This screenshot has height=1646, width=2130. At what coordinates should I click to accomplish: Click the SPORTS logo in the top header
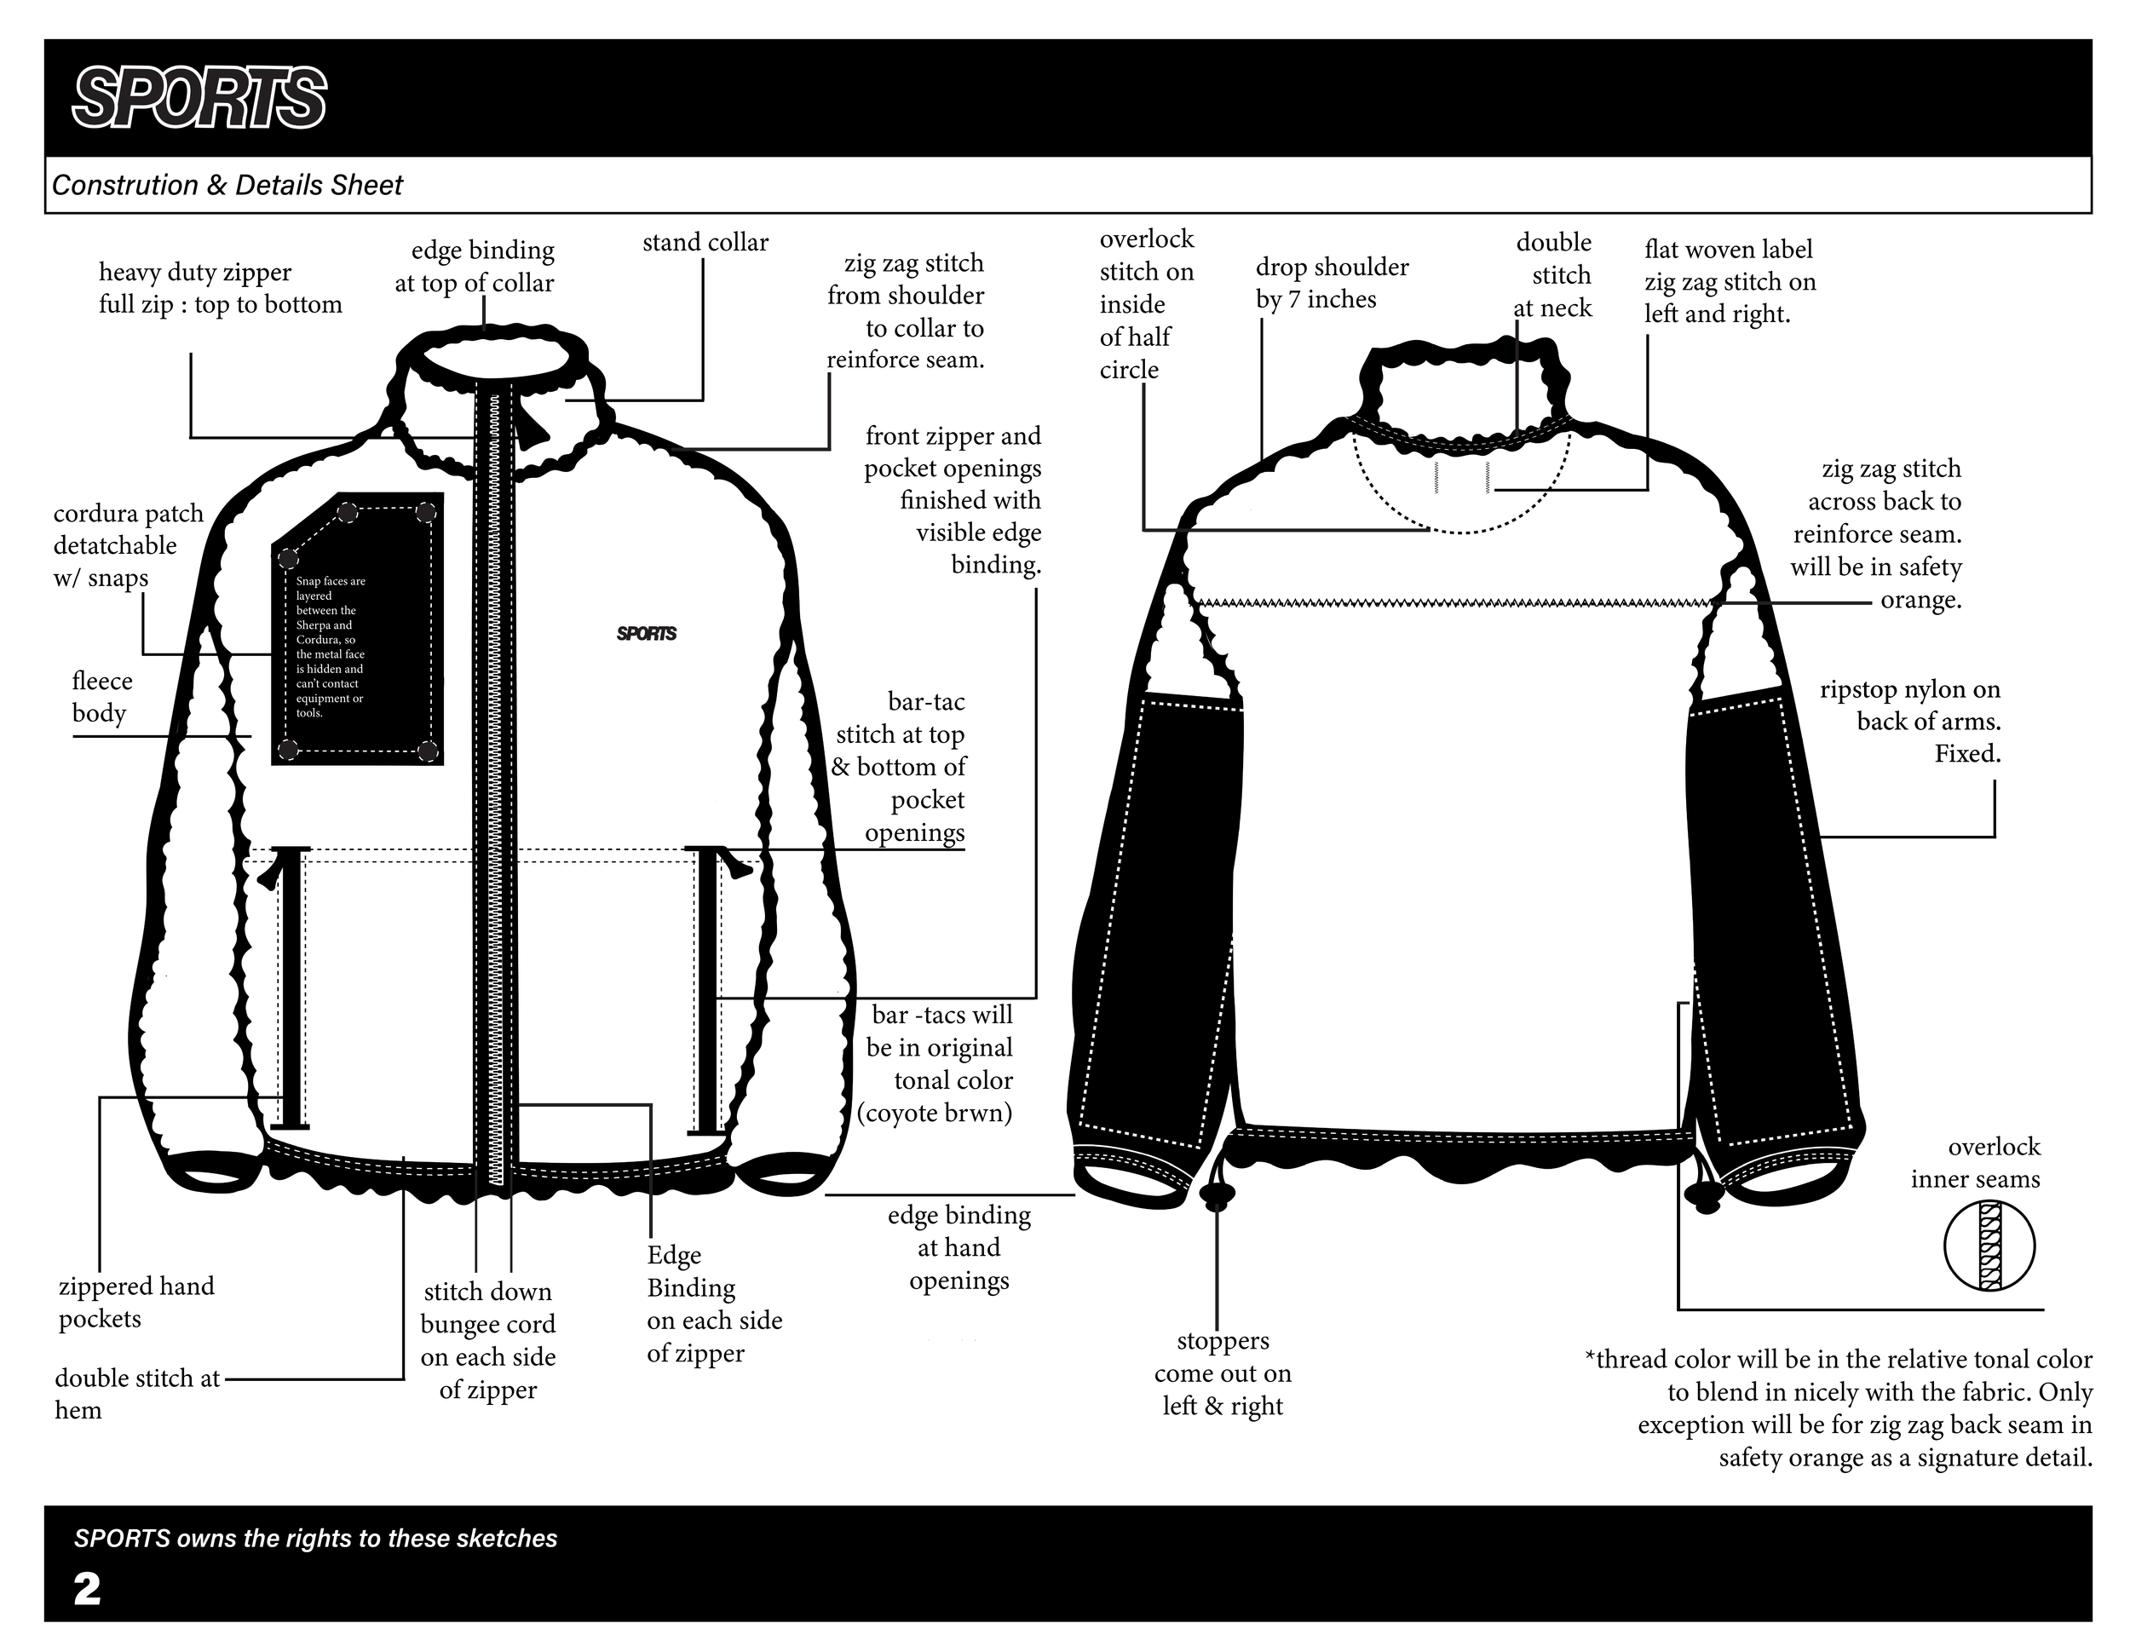point(199,97)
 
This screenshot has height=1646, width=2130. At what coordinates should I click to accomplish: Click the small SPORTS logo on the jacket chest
point(647,634)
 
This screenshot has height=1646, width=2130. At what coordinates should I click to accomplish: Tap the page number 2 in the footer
point(87,1590)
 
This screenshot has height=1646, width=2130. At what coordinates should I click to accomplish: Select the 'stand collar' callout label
point(705,242)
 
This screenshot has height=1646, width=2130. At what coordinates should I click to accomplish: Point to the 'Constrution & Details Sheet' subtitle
point(227,185)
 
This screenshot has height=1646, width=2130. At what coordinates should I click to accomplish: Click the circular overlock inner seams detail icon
point(1989,1246)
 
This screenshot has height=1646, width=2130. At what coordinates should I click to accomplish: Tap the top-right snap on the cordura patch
point(425,512)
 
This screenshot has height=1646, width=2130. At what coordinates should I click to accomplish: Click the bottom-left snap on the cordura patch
point(288,749)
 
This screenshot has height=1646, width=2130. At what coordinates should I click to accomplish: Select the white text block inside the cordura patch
point(331,647)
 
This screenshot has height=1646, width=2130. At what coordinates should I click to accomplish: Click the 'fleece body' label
point(101,696)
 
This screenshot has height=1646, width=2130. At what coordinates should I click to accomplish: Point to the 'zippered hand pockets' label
point(135,1302)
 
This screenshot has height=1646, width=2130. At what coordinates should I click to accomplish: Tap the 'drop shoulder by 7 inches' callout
point(1331,283)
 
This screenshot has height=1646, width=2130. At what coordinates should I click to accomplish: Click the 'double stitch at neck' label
point(1553,275)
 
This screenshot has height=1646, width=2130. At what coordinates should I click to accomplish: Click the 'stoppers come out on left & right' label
point(1223,1373)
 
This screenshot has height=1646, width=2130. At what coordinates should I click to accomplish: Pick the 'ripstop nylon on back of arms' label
point(1908,722)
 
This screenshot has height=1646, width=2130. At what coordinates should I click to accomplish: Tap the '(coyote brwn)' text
point(935,1113)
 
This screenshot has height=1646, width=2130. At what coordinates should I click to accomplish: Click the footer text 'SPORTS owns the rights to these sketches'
point(315,1539)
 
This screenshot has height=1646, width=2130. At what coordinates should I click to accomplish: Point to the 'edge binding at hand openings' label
point(958,1247)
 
